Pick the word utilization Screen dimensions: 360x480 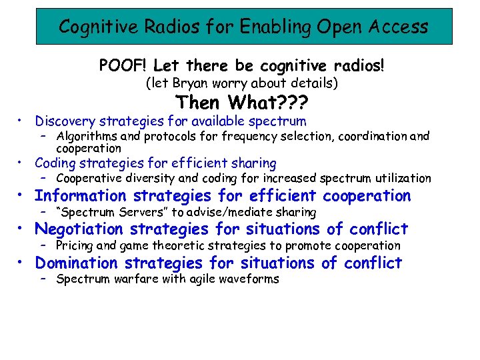[402, 179]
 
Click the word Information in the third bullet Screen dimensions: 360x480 [80, 196]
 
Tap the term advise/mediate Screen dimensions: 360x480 [221, 213]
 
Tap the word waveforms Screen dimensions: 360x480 [250, 279]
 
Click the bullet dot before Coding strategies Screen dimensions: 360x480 [22, 162]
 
